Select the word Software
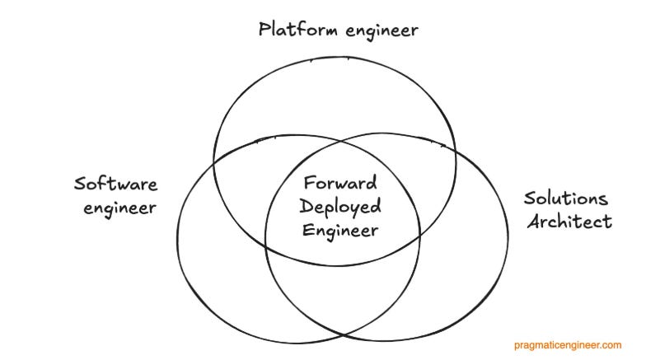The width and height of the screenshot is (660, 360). tap(115, 184)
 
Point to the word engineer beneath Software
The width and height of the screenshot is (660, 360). tap(119, 208)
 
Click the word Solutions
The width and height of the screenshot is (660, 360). tap(566, 199)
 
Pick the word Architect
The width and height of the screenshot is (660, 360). tap(569, 222)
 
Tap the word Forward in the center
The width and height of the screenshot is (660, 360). tap(339, 182)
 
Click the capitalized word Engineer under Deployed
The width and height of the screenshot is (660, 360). tap(339, 230)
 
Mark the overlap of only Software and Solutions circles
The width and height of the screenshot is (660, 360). tap(342, 297)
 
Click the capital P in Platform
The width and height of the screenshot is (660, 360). tap(264, 30)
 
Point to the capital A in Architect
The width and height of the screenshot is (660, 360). tap(532, 221)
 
